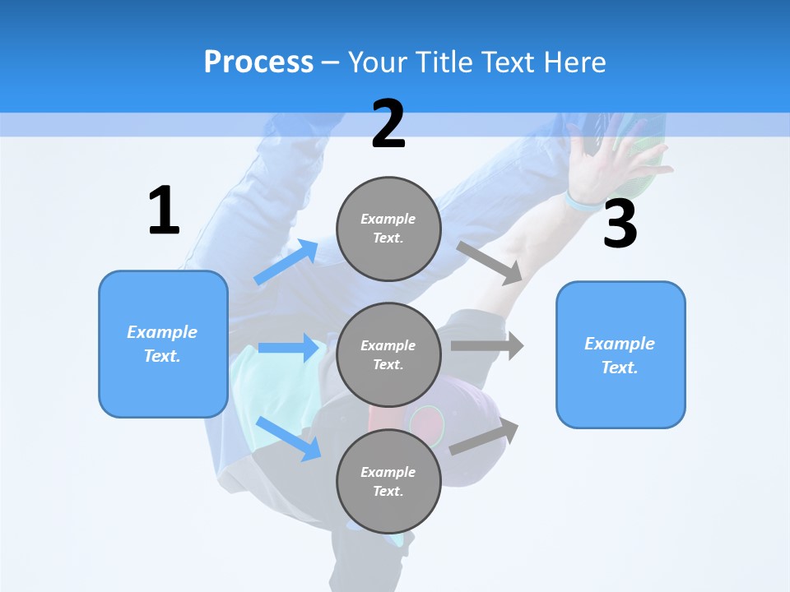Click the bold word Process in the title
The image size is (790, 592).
click(258, 62)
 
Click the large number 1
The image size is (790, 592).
click(164, 211)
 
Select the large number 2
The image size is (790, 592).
click(388, 124)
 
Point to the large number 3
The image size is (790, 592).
click(620, 224)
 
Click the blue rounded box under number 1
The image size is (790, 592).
click(163, 344)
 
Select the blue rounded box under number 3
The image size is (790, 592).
click(620, 355)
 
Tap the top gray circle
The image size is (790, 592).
click(388, 229)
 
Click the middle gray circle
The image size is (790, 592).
click(388, 355)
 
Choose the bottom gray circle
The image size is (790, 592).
click(388, 482)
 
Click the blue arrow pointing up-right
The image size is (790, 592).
click(286, 262)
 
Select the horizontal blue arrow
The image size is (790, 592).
click(289, 348)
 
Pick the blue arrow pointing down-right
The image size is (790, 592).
click(289, 438)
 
